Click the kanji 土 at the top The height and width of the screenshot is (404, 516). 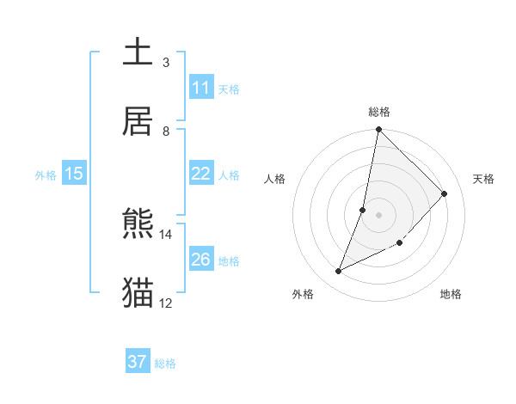(138, 52)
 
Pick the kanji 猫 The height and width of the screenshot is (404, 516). (138, 293)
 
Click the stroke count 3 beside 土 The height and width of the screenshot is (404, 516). (166, 63)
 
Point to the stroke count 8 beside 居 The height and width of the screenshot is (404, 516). (166, 132)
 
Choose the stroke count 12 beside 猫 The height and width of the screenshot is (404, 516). (166, 303)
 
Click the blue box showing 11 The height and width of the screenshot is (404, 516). (201, 88)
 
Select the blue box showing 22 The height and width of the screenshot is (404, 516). (201, 174)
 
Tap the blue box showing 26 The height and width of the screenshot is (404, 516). (201, 260)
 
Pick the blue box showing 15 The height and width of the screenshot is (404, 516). (74, 174)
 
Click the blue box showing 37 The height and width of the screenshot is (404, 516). (138, 362)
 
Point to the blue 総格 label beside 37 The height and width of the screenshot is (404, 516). (165, 364)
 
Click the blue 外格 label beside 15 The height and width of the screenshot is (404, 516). (46, 175)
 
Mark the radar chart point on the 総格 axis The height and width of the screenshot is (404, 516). (378, 130)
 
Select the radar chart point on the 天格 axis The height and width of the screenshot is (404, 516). (445, 193)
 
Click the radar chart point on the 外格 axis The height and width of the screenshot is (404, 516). (338, 272)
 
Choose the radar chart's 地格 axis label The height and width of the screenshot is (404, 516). (451, 294)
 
